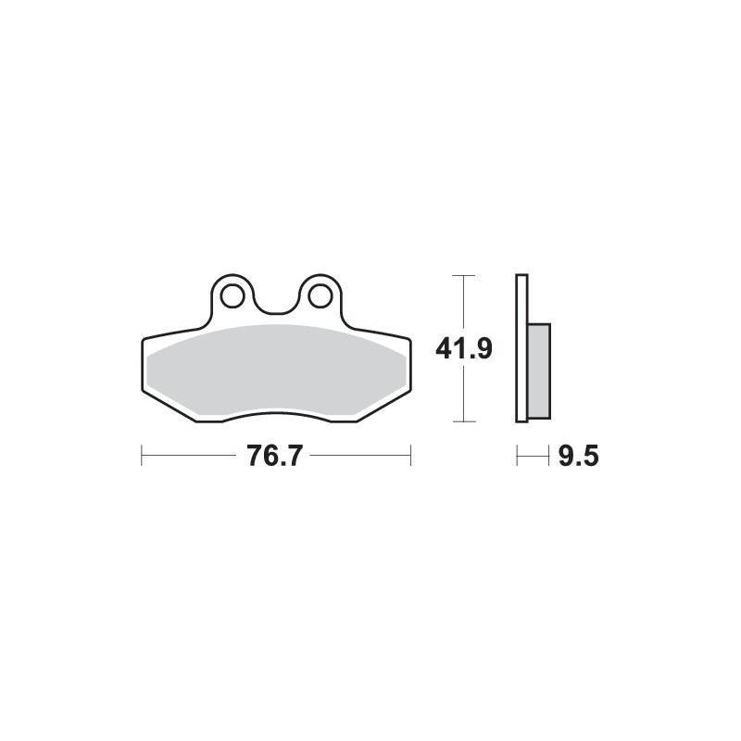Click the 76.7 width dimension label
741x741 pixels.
pos(273,456)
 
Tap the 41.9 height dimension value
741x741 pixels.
pos(464,349)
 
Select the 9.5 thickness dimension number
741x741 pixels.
pos(578,456)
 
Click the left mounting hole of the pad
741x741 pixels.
pos(232,296)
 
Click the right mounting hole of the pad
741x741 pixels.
pos(319,295)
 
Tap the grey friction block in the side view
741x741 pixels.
pos(539,371)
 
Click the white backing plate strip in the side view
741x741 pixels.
pos(521,348)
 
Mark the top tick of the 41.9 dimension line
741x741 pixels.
pos(464,275)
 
